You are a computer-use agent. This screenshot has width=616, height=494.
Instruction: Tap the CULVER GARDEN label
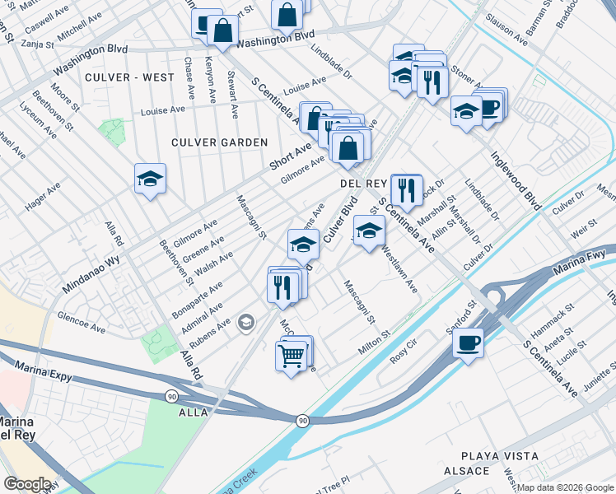(x=220, y=142)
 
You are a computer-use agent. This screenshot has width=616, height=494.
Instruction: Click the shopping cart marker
(x=291, y=357)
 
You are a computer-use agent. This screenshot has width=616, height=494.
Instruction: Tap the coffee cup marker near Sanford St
(x=468, y=342)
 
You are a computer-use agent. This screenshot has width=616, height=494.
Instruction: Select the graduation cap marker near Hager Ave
(x=151, y=178)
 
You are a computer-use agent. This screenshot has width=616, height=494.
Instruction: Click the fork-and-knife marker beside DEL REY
(x=406, y=190)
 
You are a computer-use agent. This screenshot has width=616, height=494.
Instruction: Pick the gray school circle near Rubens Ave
(x=245, y=323)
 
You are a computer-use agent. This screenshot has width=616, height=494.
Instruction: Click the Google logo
(x=27, y=484)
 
